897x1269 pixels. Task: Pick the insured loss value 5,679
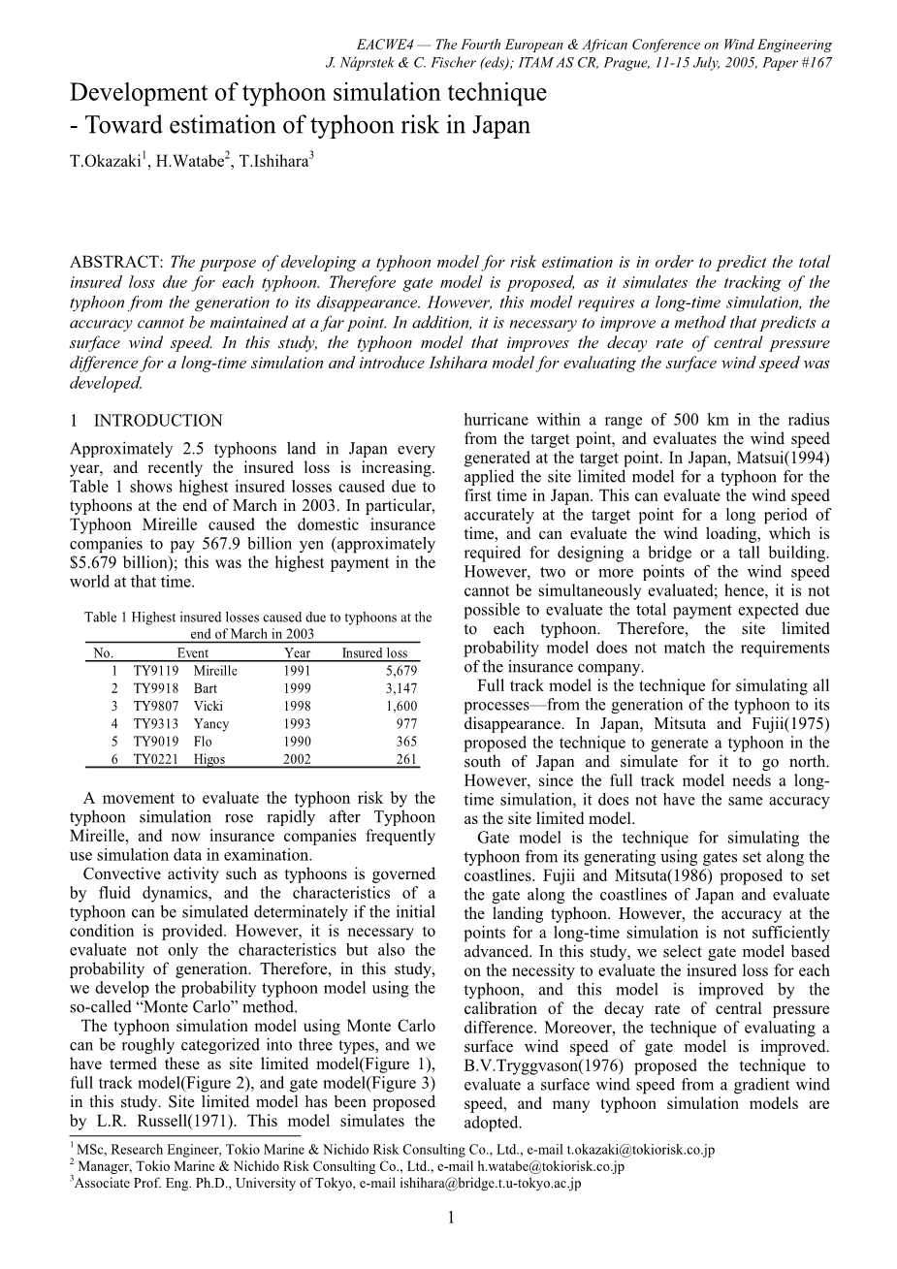tap(400, 671)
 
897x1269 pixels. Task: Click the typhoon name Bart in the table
tap(206, 688)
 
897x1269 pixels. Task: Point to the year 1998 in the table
tap(297, 706)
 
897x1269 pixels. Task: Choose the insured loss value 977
tap(406, 723)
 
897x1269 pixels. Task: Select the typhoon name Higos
tap(208, 759)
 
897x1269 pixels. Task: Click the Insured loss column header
tap(374, 652)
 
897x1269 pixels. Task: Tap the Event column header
tap(192, 652)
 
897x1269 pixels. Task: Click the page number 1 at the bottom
tap(451, 1219)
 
